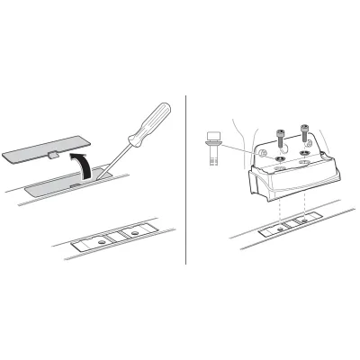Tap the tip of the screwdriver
point(102,177)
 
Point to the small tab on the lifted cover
point(53,155)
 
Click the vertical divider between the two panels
point(185,180)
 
